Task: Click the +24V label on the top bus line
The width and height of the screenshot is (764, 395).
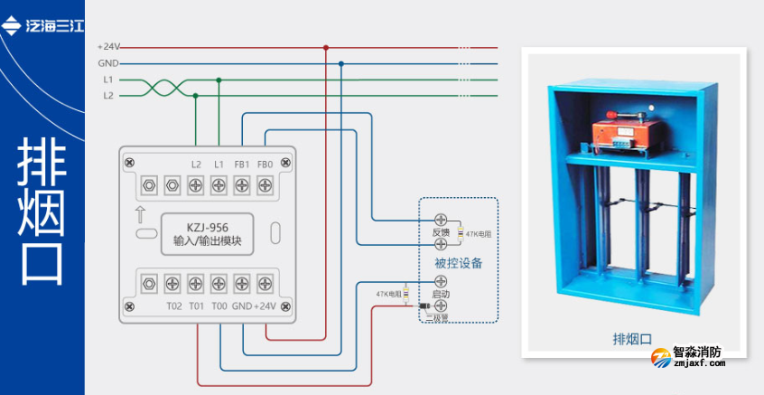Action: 108,47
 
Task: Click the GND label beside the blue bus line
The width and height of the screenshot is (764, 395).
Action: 108,63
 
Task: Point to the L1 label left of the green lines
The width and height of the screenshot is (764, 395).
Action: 108,80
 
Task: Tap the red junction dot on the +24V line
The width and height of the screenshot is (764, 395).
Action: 326,47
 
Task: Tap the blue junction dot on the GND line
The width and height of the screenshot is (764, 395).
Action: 341,63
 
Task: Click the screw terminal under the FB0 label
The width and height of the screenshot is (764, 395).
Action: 266,185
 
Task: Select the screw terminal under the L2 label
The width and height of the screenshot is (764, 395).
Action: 196,185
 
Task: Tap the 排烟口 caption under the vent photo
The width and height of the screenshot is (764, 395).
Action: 632,339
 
